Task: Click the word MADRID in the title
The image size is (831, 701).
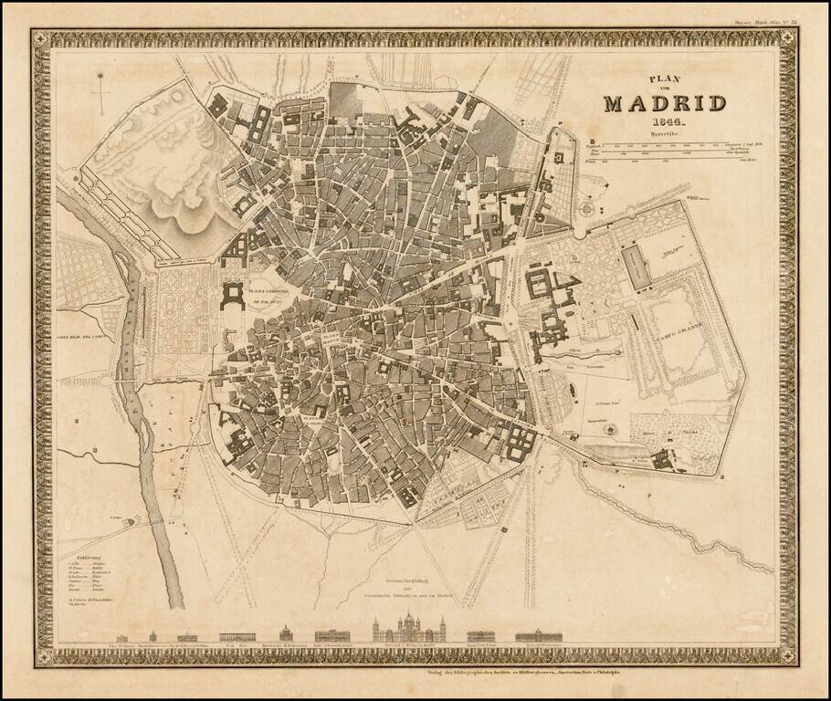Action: tap(664, 102)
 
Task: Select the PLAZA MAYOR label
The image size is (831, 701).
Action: tap(331, 340)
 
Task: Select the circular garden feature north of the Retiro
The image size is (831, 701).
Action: tap(587, 209)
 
